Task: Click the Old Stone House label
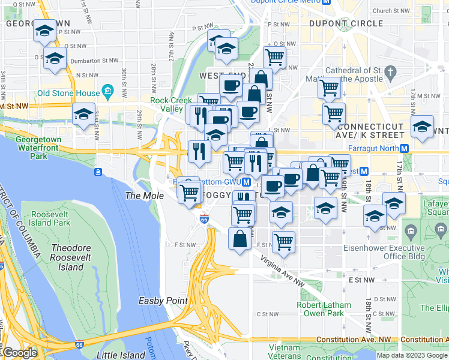coord(68,93)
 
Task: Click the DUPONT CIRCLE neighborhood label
coord(345,23)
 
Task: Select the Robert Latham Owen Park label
coord(324,309)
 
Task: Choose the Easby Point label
coord(163,301)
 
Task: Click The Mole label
coord(140,196)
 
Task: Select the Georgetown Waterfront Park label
coord(38,148)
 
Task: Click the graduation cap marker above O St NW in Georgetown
coord(44,31)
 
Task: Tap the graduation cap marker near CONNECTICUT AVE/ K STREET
coord(423,126)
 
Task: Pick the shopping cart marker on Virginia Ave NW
coord(283,242)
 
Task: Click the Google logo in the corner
coord(20,353)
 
